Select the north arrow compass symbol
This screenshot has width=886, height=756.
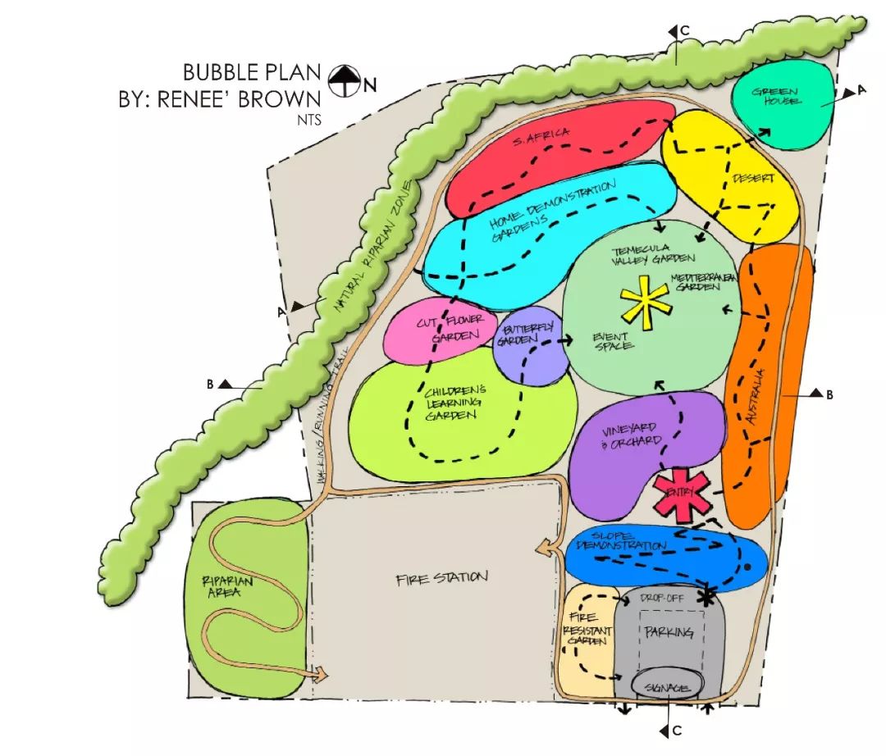[x=345, y=80]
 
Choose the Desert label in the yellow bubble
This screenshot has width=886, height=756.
[x=752, y=179]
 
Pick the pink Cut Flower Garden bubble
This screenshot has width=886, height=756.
[x=439, y=332]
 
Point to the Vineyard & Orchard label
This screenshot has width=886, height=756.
[x=632, y=437]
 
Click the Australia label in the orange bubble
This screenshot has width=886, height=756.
[x=757, y=398]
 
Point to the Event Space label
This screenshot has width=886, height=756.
[x=613, y=341]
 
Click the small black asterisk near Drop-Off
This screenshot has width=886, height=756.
[x=704, y=597]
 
